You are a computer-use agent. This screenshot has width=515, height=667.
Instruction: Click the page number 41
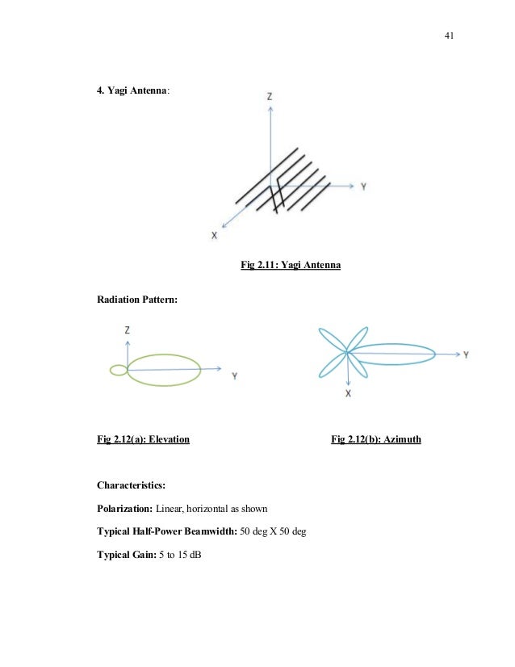450,36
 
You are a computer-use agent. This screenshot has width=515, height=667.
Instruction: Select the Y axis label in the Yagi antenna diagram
364,186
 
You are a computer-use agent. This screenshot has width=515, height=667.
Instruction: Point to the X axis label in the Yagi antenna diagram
214,235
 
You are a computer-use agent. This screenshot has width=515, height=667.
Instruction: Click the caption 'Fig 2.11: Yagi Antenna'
291,264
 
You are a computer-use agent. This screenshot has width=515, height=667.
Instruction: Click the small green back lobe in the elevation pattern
118,370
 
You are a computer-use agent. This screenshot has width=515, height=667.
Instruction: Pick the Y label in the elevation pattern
233,375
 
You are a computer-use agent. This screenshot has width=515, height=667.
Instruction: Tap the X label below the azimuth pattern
348,393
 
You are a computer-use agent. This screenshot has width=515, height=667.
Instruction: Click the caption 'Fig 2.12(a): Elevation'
143,440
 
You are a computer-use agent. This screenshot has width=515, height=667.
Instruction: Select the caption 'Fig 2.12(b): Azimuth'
376,440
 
